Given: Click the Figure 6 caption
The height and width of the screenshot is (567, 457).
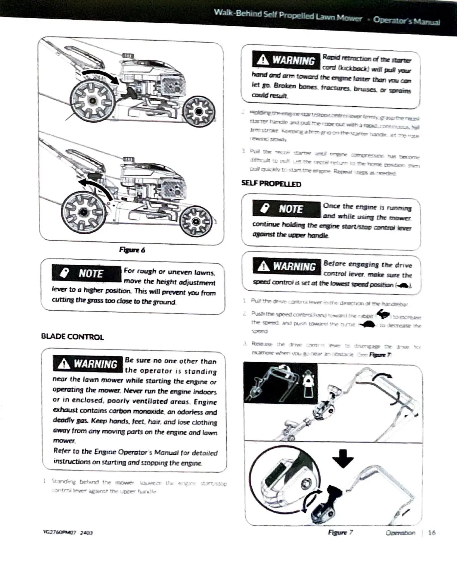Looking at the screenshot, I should (132, 250).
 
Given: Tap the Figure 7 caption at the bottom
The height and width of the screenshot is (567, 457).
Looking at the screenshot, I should (340, 533).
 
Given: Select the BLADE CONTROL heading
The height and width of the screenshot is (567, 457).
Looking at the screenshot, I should (72, 337).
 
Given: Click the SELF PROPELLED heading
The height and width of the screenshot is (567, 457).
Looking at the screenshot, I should (271, 184).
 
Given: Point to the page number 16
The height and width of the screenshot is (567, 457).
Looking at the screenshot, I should (431, 533).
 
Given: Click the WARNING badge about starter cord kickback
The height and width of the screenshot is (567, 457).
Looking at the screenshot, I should (286, 60).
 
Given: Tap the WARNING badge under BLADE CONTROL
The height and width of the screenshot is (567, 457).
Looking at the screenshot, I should (88, 364).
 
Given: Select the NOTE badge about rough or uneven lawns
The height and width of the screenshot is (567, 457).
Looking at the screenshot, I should (86, 273).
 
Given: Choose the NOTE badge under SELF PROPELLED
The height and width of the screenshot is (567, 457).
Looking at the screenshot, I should (286, 209).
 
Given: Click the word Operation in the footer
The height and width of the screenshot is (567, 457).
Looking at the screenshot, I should (400, 533).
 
